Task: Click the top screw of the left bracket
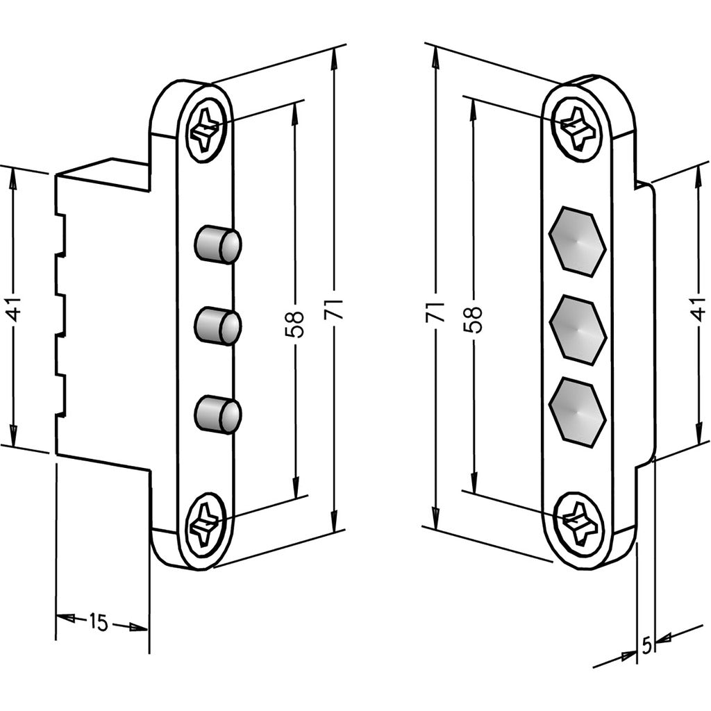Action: [206, 130]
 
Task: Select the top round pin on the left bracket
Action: [217, 244]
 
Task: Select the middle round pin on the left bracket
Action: [217, 326]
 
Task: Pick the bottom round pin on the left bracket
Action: [217, 414]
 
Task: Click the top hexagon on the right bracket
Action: [577, 241]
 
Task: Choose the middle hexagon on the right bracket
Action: [577, 329]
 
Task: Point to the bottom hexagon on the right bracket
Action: [577, 412]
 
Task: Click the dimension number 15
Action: [99, 623]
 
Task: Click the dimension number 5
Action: [646, 646]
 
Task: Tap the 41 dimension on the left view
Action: [13, 308]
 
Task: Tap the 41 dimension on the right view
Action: [698, 308]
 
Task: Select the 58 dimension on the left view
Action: [294, 324]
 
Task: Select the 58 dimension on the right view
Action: [474, 319]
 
